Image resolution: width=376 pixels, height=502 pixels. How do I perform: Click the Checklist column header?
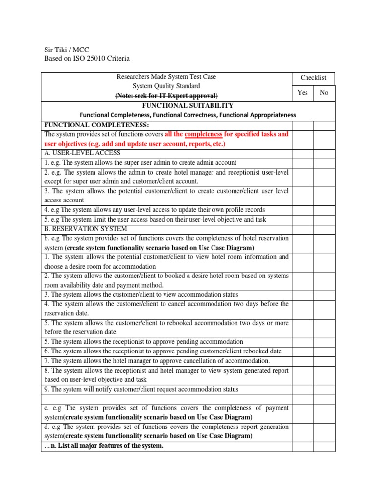[x=313, y=78]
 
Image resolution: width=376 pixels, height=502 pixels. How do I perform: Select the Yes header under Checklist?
[x=302, y=92]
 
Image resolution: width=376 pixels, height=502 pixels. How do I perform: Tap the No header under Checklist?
[x=324, y=92]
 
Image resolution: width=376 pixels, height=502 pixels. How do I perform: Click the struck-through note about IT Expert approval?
[x=166, y=95]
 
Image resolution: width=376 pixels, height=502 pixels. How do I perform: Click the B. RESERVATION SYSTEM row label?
[x=86, y=228]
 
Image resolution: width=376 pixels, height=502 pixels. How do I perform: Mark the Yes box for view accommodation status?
[x=302, y=295]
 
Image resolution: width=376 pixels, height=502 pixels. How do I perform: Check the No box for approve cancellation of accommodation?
[x=324, y=361]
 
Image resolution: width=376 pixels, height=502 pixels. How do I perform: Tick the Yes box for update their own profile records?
[x=302, y=210]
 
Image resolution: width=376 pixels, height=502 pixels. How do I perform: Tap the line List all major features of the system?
[x=104, y=446]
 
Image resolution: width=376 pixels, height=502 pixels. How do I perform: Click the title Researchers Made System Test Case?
[x=166, y=77]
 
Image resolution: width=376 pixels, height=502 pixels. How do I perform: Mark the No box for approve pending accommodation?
[x=324, y=342]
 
